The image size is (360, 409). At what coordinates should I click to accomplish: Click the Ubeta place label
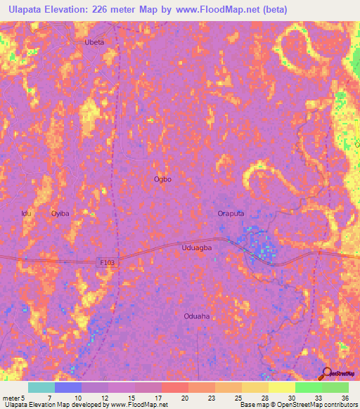(x=94, y=43)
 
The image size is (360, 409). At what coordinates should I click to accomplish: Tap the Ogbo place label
(x=162, y=179)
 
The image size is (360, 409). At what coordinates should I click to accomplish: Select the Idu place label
(x=27, y=213)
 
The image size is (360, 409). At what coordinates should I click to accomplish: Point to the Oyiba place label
(x=61, y=213)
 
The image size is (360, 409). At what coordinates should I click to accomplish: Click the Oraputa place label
(x=230, y=213)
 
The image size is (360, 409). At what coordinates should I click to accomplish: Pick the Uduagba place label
(x=197, y=247)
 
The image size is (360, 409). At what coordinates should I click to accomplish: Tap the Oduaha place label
(x=196, y=316)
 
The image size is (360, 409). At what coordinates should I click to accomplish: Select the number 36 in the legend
(x=344, y=397)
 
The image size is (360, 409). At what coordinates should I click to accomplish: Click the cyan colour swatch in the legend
(x=41, y=387)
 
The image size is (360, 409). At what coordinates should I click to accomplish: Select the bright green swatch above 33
(x=308, y=387)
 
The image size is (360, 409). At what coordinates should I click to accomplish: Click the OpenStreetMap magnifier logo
(x=326, y=373)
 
